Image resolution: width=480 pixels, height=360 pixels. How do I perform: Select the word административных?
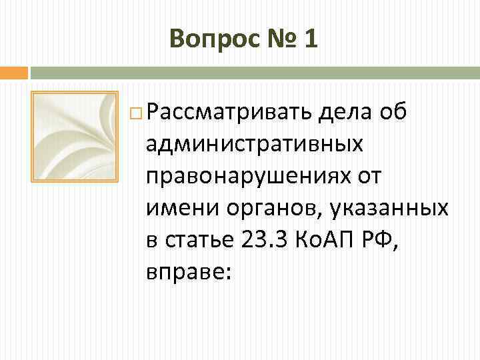click(x=255, y=142)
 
